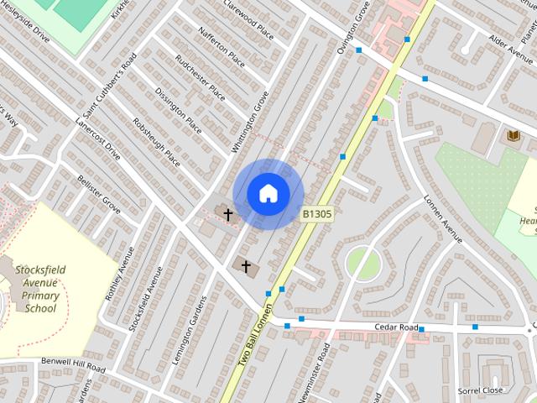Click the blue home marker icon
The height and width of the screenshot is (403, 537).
click(268, 194)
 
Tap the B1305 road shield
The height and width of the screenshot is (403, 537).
click(317, 215)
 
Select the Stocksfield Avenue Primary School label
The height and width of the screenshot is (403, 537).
click(39, 289)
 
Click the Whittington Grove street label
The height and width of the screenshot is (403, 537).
click(250, 123)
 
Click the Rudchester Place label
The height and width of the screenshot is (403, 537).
click(200, 76)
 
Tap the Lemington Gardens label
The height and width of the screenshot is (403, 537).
click(189, 327)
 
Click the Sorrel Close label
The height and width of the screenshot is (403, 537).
click(480, 390)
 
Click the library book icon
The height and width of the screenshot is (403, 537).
click(511, 134)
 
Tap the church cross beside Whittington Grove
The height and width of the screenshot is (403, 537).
click(227, 216)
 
